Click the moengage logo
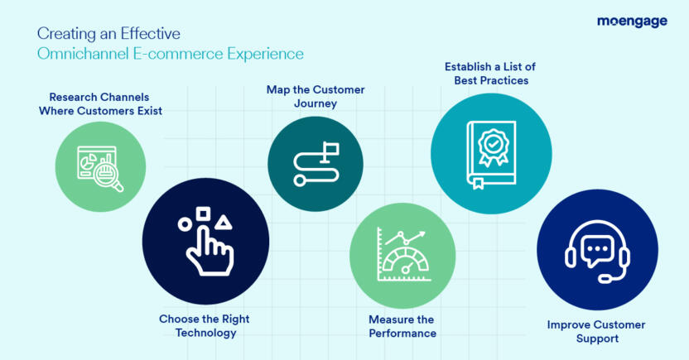631,22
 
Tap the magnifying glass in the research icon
108,175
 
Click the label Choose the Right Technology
204,325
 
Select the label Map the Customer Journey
316,97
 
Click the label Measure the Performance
402,326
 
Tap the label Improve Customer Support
595,331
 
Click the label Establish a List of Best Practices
491,74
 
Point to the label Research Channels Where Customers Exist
100,103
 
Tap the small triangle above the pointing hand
222,221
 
